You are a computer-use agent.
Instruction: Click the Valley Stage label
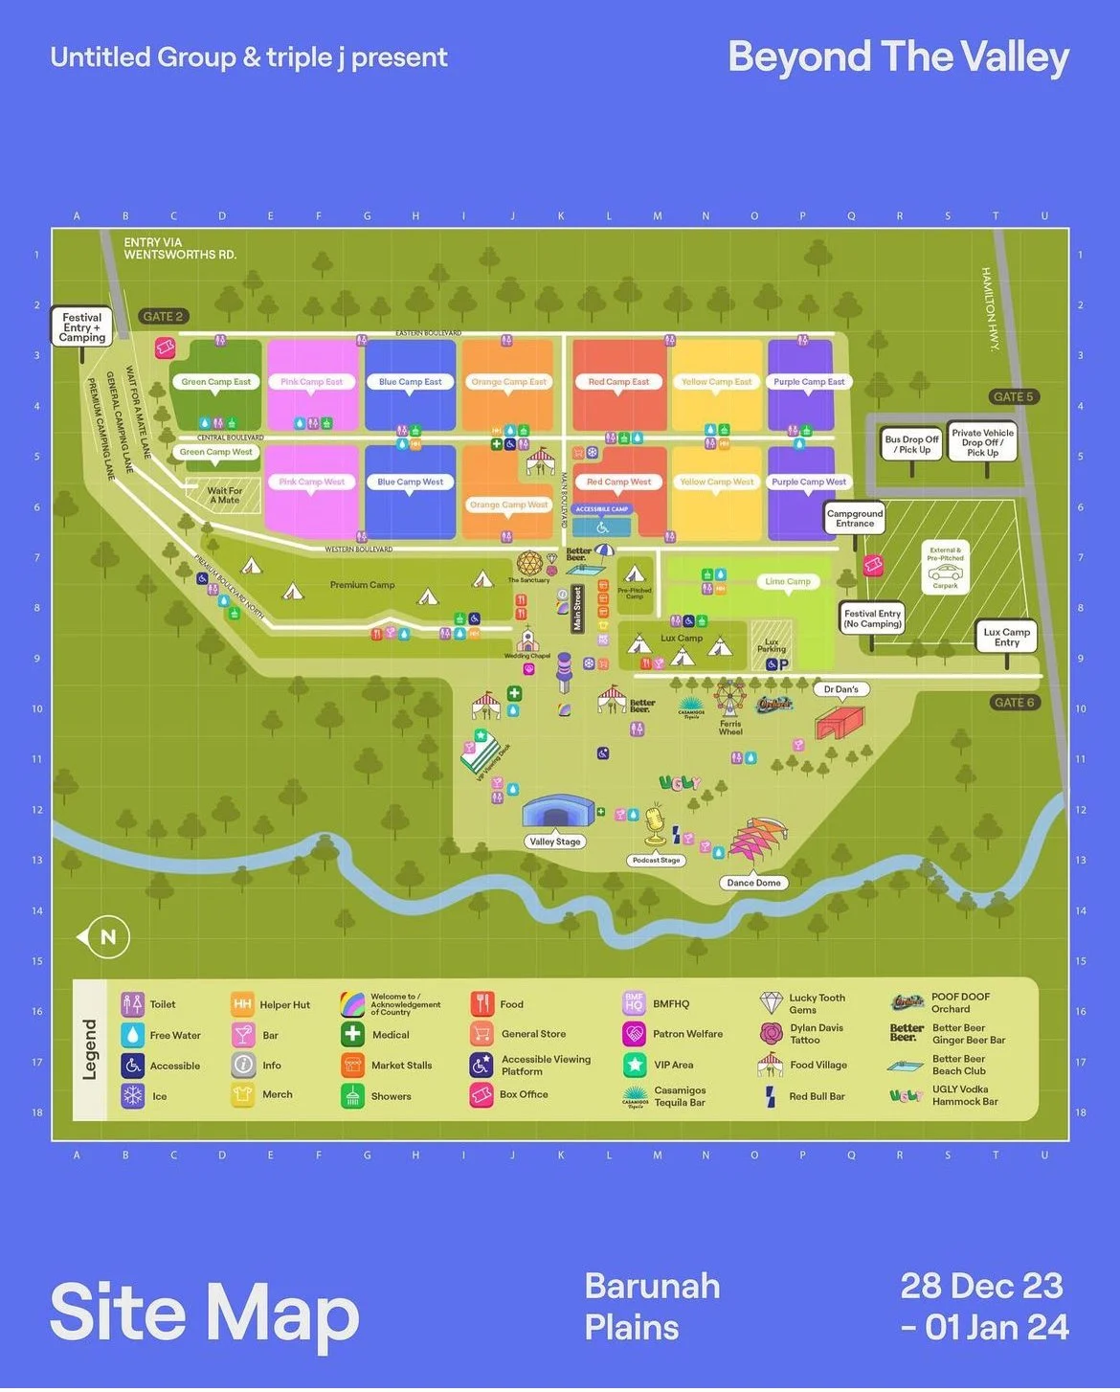pos(555,842)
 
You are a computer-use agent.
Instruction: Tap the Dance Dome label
pos(753,883)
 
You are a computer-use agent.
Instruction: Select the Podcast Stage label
pos(656,860)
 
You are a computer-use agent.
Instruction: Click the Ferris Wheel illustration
pos(730,700)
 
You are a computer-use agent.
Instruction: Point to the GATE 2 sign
pos(162,316)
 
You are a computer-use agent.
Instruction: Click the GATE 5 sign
pos(1013,396)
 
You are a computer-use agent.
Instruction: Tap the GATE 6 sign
pos(1014,702)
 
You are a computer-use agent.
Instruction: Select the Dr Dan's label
pos(840,689)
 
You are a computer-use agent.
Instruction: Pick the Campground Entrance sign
pos(855,519)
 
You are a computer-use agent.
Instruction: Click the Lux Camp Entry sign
pos(1006,637)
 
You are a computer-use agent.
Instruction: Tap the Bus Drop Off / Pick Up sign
pos(911,444)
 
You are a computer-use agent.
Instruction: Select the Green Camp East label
pos(216,381)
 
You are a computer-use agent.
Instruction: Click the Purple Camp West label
pos(809,482)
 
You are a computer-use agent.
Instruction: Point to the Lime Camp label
pos(787,581)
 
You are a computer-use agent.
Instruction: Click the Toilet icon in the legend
pos(132,1004)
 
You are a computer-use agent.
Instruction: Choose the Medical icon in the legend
pos(352,1034)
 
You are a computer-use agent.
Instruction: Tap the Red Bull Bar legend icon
pos(771,1096)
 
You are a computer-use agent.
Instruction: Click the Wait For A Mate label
pos(224,495)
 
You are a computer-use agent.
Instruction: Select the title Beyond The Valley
pos(898,56)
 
